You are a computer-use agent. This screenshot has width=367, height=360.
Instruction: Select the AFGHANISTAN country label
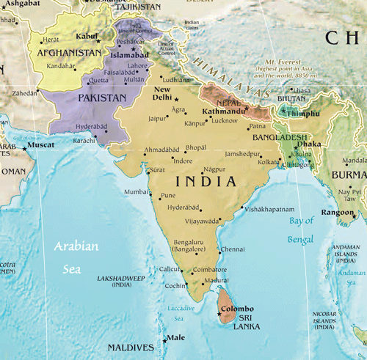[x=65, y=53]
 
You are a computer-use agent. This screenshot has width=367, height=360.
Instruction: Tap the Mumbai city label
[x=136, y=192]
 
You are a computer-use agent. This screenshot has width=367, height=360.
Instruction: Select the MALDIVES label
[x=131, y=347]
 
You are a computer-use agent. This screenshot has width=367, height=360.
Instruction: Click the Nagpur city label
[x=214, y=169]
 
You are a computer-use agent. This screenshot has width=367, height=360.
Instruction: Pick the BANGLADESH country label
[x=280, y=137]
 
